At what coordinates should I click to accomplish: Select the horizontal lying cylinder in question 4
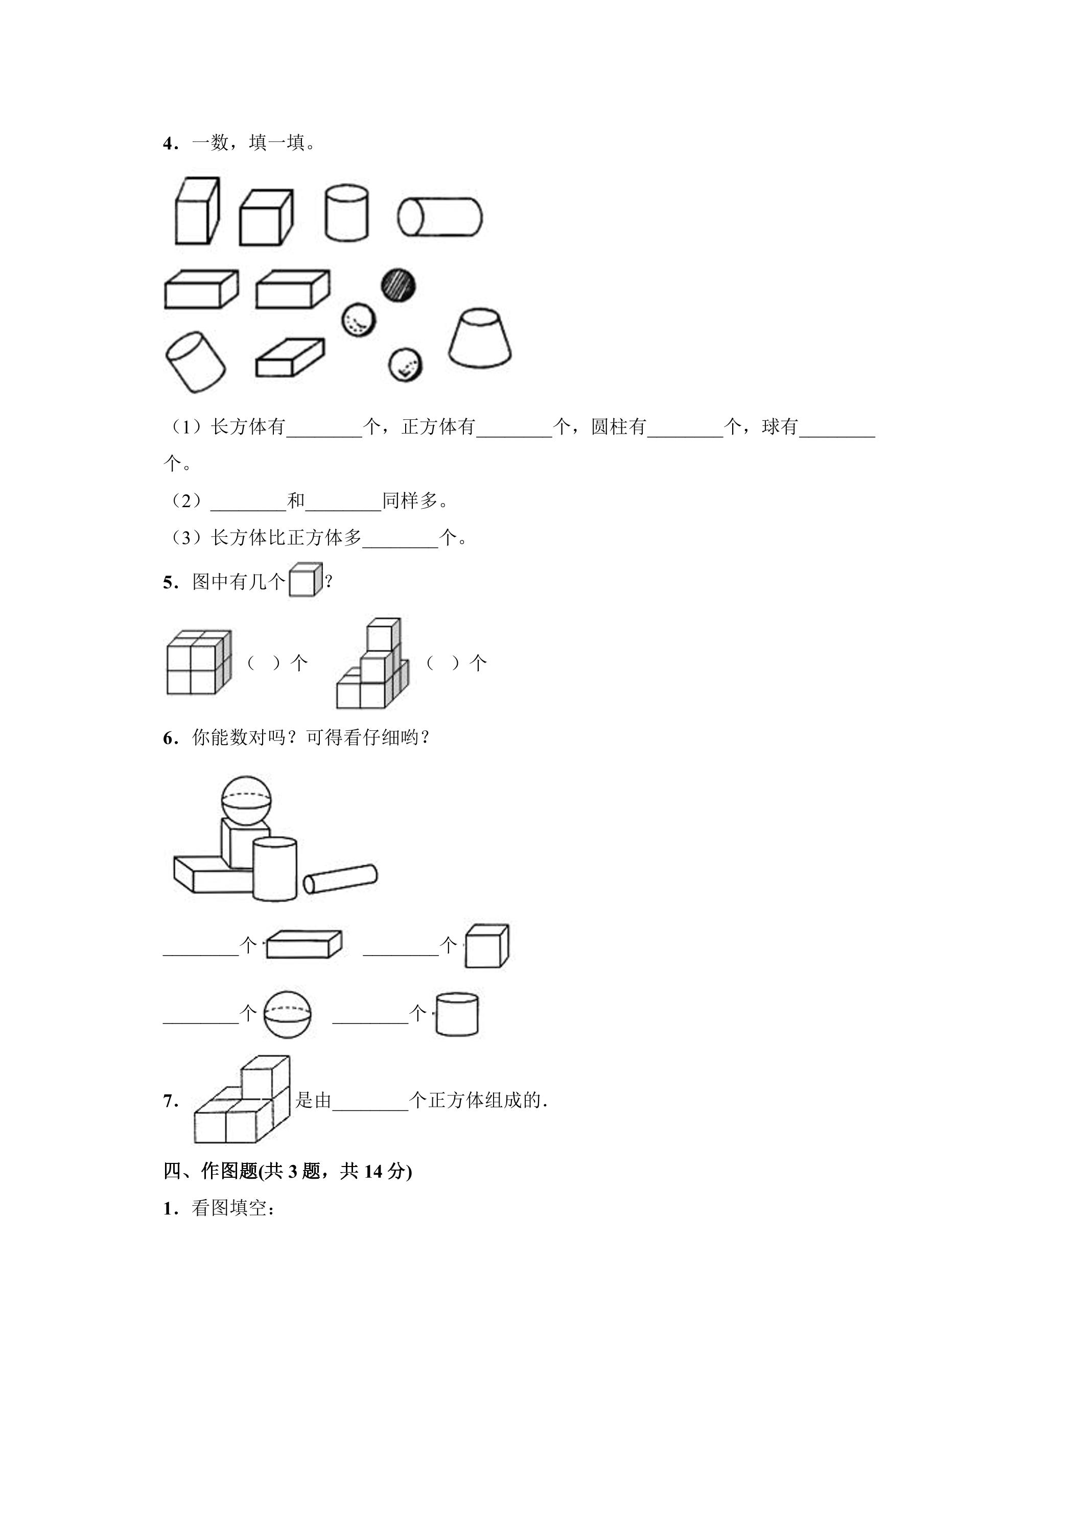coord(440,217)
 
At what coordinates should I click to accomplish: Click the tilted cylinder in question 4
coord(195,362)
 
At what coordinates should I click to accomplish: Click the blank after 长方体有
coord(324,435)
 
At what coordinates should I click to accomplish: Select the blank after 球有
coord(837,435)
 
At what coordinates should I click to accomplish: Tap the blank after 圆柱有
coord(686,435)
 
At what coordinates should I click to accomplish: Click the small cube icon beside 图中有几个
coord(306,580)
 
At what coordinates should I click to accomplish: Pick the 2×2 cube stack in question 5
coord(198,662)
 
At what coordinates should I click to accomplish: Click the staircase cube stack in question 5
coord(372,663)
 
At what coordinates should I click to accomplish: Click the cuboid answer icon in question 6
coord(304,944)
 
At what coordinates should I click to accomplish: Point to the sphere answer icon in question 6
coord(287,1014)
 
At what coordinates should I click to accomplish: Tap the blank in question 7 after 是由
coord(370,1110)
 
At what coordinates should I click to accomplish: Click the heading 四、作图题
coord(210,1172)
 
